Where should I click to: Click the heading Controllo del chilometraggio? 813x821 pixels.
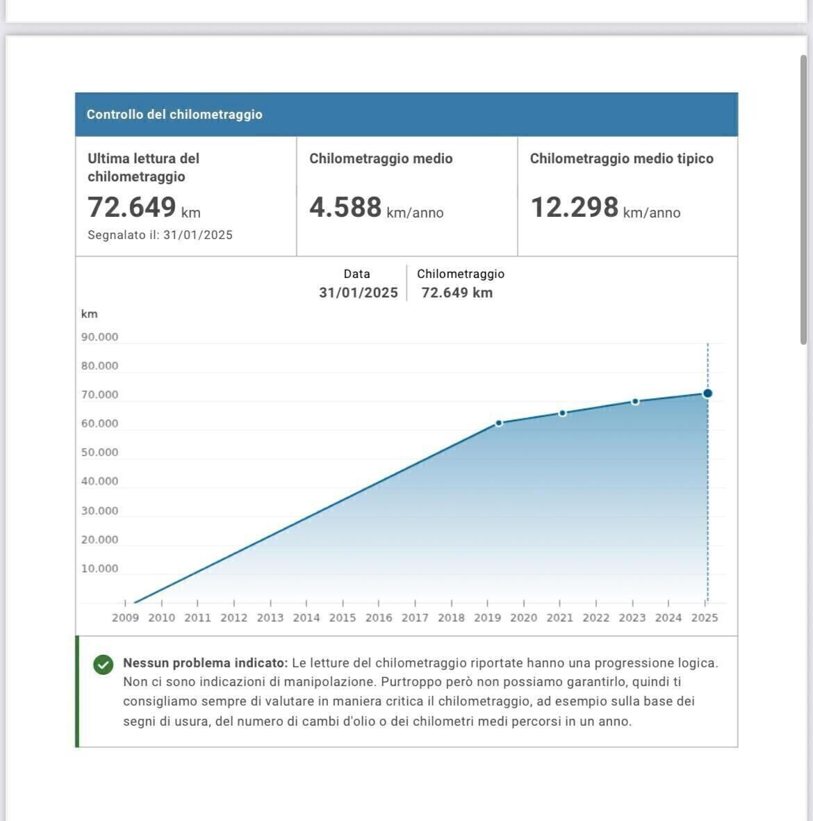[174, 115]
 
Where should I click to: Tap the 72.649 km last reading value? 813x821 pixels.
[143, 207]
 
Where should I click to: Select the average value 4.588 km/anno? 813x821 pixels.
[376, 208]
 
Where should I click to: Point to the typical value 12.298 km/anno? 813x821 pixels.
[605, 208]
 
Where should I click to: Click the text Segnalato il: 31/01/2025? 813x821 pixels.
[160, 235]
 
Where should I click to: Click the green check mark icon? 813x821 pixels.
[103, 665]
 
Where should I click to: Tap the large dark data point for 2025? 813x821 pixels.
[707, 393]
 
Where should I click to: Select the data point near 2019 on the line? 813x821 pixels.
[499, 423]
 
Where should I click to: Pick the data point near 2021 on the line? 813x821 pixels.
[562, 413]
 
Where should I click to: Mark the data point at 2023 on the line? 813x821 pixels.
[635, 401]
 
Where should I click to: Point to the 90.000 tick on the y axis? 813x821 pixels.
[99, 337]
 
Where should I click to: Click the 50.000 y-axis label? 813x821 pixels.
[99, 453]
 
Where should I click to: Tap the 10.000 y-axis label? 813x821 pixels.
[99, 569]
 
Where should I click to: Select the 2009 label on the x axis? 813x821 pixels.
[125, 617]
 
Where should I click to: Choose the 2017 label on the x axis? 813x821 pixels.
[415, 617]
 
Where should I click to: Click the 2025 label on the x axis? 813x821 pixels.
[705, 617]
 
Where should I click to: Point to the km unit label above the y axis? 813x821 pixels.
[89, 314]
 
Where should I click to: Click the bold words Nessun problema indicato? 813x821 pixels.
[205, 663]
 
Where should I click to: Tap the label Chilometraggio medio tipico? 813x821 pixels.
[621, 158]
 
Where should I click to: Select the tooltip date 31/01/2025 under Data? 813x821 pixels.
[358, 293]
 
